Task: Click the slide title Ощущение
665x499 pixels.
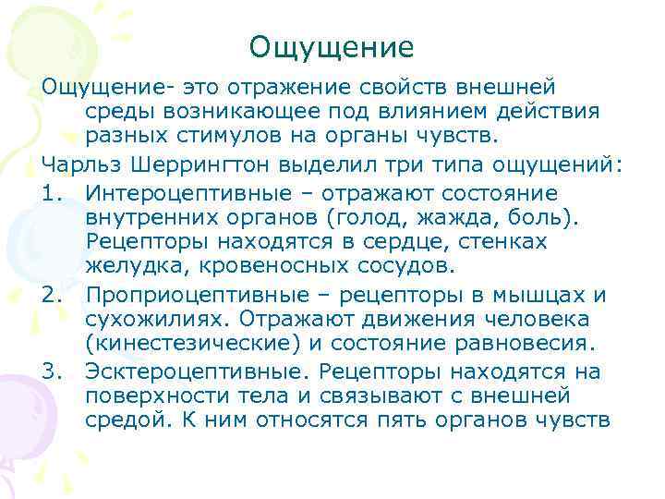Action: (x=332, y=47)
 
